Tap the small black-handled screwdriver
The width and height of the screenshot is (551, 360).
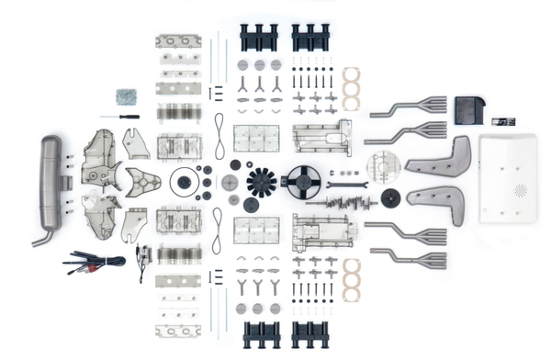(x=121, y=117)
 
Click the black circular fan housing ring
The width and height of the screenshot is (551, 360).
(x=301, y=180)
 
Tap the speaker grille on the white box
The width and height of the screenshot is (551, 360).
(x=520, y=191)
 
